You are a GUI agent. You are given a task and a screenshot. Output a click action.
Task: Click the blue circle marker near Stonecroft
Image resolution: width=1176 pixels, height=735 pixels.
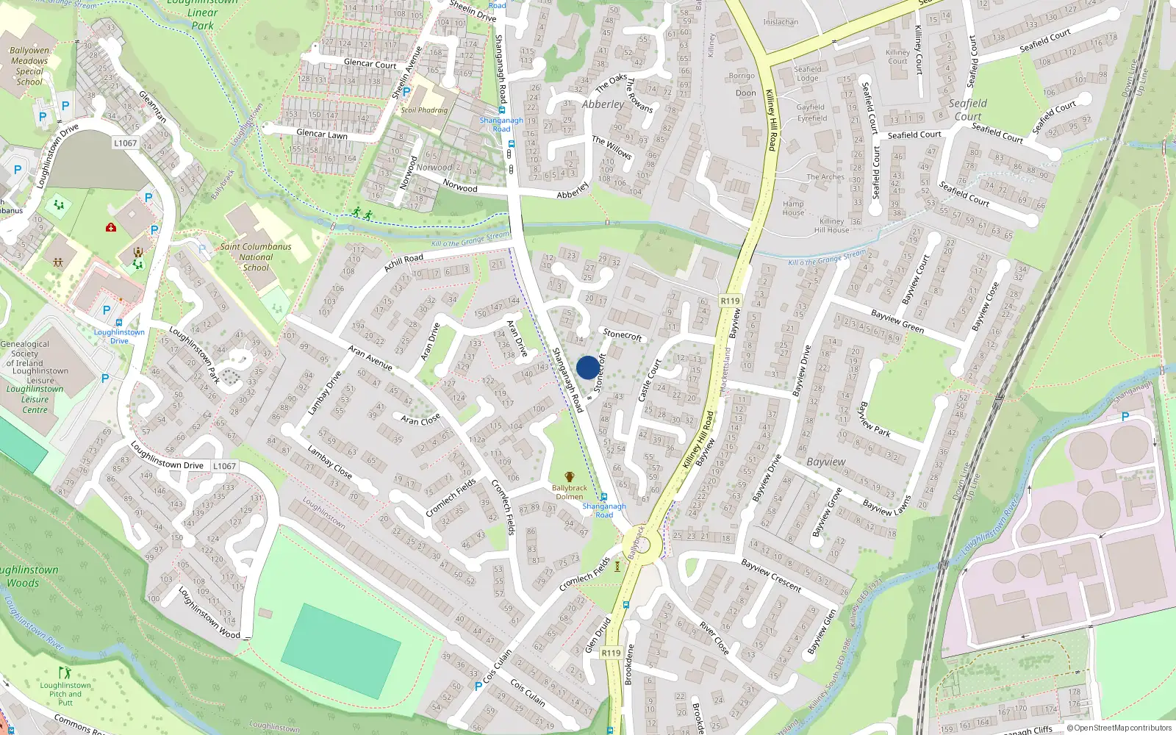[x=587, y=367]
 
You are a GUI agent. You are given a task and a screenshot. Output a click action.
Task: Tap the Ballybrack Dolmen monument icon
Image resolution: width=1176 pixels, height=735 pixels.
[x=569, y=477]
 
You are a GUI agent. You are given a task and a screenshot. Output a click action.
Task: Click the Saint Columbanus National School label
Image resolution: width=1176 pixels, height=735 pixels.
[x=256, y=257]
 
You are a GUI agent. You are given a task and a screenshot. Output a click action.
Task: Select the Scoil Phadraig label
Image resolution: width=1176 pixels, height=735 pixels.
[x=424, y=110]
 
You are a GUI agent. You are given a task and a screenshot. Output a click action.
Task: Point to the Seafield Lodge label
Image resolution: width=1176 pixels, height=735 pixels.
[x=807, y=73]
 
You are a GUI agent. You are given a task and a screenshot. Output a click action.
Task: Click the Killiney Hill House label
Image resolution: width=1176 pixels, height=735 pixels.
[x=831, y=226]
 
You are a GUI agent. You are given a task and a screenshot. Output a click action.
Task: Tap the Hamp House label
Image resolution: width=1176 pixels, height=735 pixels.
[x=793, y=208]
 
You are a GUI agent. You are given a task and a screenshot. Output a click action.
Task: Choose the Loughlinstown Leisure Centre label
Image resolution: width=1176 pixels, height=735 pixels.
[x=35, y=399]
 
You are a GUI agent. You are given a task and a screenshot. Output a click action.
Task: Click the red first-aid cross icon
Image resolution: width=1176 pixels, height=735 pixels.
[x=111, y=227]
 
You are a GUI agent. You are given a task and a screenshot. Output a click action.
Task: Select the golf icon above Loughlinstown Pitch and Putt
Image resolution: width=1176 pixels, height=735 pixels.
[x=65, y=673]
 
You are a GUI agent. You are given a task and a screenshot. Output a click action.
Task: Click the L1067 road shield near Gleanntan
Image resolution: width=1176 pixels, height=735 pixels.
[x=126, y=143]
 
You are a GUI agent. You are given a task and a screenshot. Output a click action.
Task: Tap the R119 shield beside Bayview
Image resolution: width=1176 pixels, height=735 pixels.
[x=730, y=301]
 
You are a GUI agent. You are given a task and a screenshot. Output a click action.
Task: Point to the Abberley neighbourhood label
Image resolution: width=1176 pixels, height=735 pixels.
[x=603, y=104]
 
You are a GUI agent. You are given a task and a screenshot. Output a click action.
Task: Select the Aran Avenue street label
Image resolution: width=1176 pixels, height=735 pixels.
[x=370, y=357]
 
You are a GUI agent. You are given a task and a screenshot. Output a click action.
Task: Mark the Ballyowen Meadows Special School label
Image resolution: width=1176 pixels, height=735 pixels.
[x=29, y=66]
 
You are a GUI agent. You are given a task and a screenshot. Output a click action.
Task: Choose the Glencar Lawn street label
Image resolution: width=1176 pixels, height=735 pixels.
[x=321, y=134]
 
